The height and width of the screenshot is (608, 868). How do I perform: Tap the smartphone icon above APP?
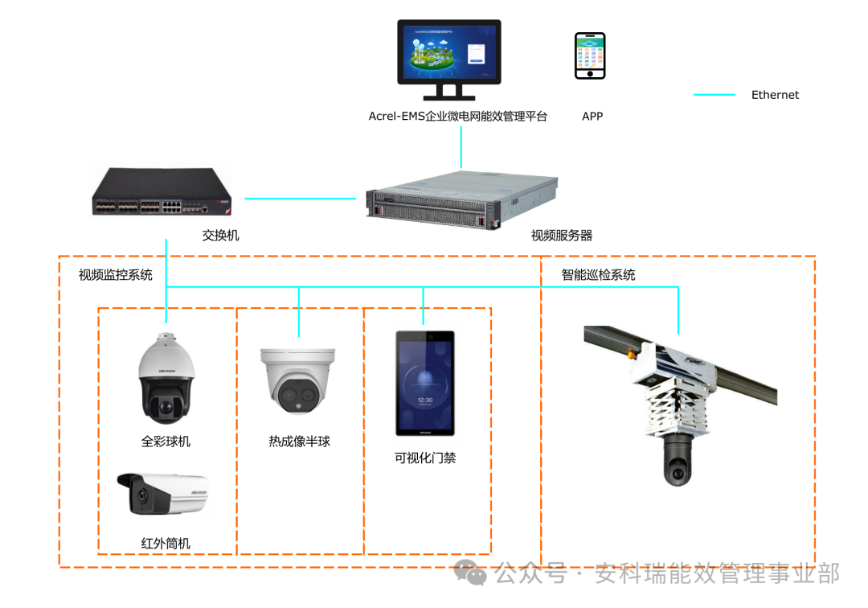[x=590, y=56]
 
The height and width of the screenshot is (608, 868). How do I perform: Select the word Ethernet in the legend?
[x=775, y=95]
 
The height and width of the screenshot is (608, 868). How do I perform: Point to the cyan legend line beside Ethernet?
[x=714, y=95]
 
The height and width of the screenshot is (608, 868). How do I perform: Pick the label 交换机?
[x=220, y=236]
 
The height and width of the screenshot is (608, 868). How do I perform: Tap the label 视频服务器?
[x=562, y=236]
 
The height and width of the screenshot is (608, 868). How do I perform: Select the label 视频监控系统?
[x=116, y=275]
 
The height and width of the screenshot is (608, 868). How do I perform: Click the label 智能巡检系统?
[x=599, y=275]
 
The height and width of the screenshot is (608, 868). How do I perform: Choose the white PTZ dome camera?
[x=166, y=380]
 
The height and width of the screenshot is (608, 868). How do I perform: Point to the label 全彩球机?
[x=166, y=442]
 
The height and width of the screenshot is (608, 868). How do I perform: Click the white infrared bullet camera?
[x=164, y=493]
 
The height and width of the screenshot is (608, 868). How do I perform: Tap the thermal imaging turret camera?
[x=297, y=378]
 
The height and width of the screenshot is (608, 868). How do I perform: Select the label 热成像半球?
[x=299, y=442]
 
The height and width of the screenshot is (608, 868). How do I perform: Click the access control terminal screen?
[x=424, y=383]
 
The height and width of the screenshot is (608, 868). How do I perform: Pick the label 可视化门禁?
[x=425, y=458]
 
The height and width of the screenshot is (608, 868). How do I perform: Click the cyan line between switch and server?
[x=301, y=198]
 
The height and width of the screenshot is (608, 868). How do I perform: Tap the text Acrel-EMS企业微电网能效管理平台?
[x=457, y=117]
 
